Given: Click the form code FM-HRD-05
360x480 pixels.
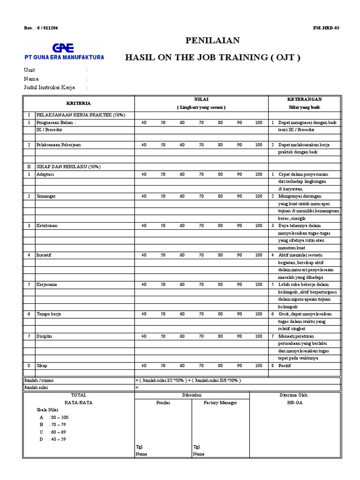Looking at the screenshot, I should coord(326,28).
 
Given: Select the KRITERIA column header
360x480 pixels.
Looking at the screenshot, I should coord(79,103).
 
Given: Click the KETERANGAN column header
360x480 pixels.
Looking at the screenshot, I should coord(304,99).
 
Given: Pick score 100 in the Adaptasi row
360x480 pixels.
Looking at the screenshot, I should coord(259,174).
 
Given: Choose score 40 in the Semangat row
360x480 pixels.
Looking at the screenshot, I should coord(144,196).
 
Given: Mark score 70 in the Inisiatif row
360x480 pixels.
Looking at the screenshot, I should coord(201,255).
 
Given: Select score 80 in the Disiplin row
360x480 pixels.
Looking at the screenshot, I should coord(220,336).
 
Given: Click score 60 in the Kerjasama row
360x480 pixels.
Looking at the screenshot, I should coord(182,285).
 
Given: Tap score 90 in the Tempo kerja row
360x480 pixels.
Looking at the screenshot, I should coord(239,314).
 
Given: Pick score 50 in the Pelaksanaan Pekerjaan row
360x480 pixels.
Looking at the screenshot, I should coord(163,145).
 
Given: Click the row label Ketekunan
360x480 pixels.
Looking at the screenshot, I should coord(47,225).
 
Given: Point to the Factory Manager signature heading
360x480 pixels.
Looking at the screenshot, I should coord(221,403).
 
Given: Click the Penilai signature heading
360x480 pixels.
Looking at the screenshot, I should coord(163,403).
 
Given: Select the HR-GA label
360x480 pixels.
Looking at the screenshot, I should coord(298,403).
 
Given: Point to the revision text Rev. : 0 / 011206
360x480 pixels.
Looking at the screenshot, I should coord(41,28).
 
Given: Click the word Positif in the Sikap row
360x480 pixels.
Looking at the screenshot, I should coord(285,365).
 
